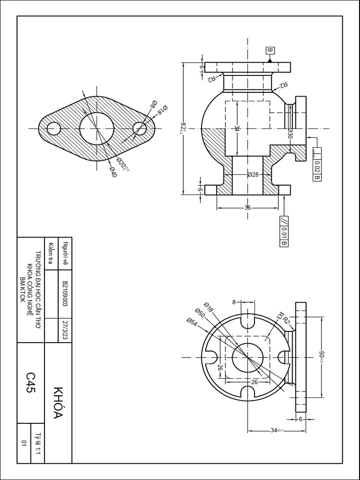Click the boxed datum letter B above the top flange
click(x=270, y=51)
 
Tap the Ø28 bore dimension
click(x=253, y=174)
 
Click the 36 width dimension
click(x=248, y=207)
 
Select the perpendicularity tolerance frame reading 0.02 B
click(x=317, y=164)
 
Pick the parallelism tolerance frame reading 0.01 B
click(x=284, y=232)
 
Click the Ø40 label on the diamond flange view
click(x=112, y=172)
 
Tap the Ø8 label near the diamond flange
click(x=153, y=104)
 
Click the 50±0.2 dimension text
click(x=322, y=357)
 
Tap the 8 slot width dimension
click(x=234, y=302)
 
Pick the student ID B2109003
click(x=65, y=294)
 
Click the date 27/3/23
click(x=65, y=331)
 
